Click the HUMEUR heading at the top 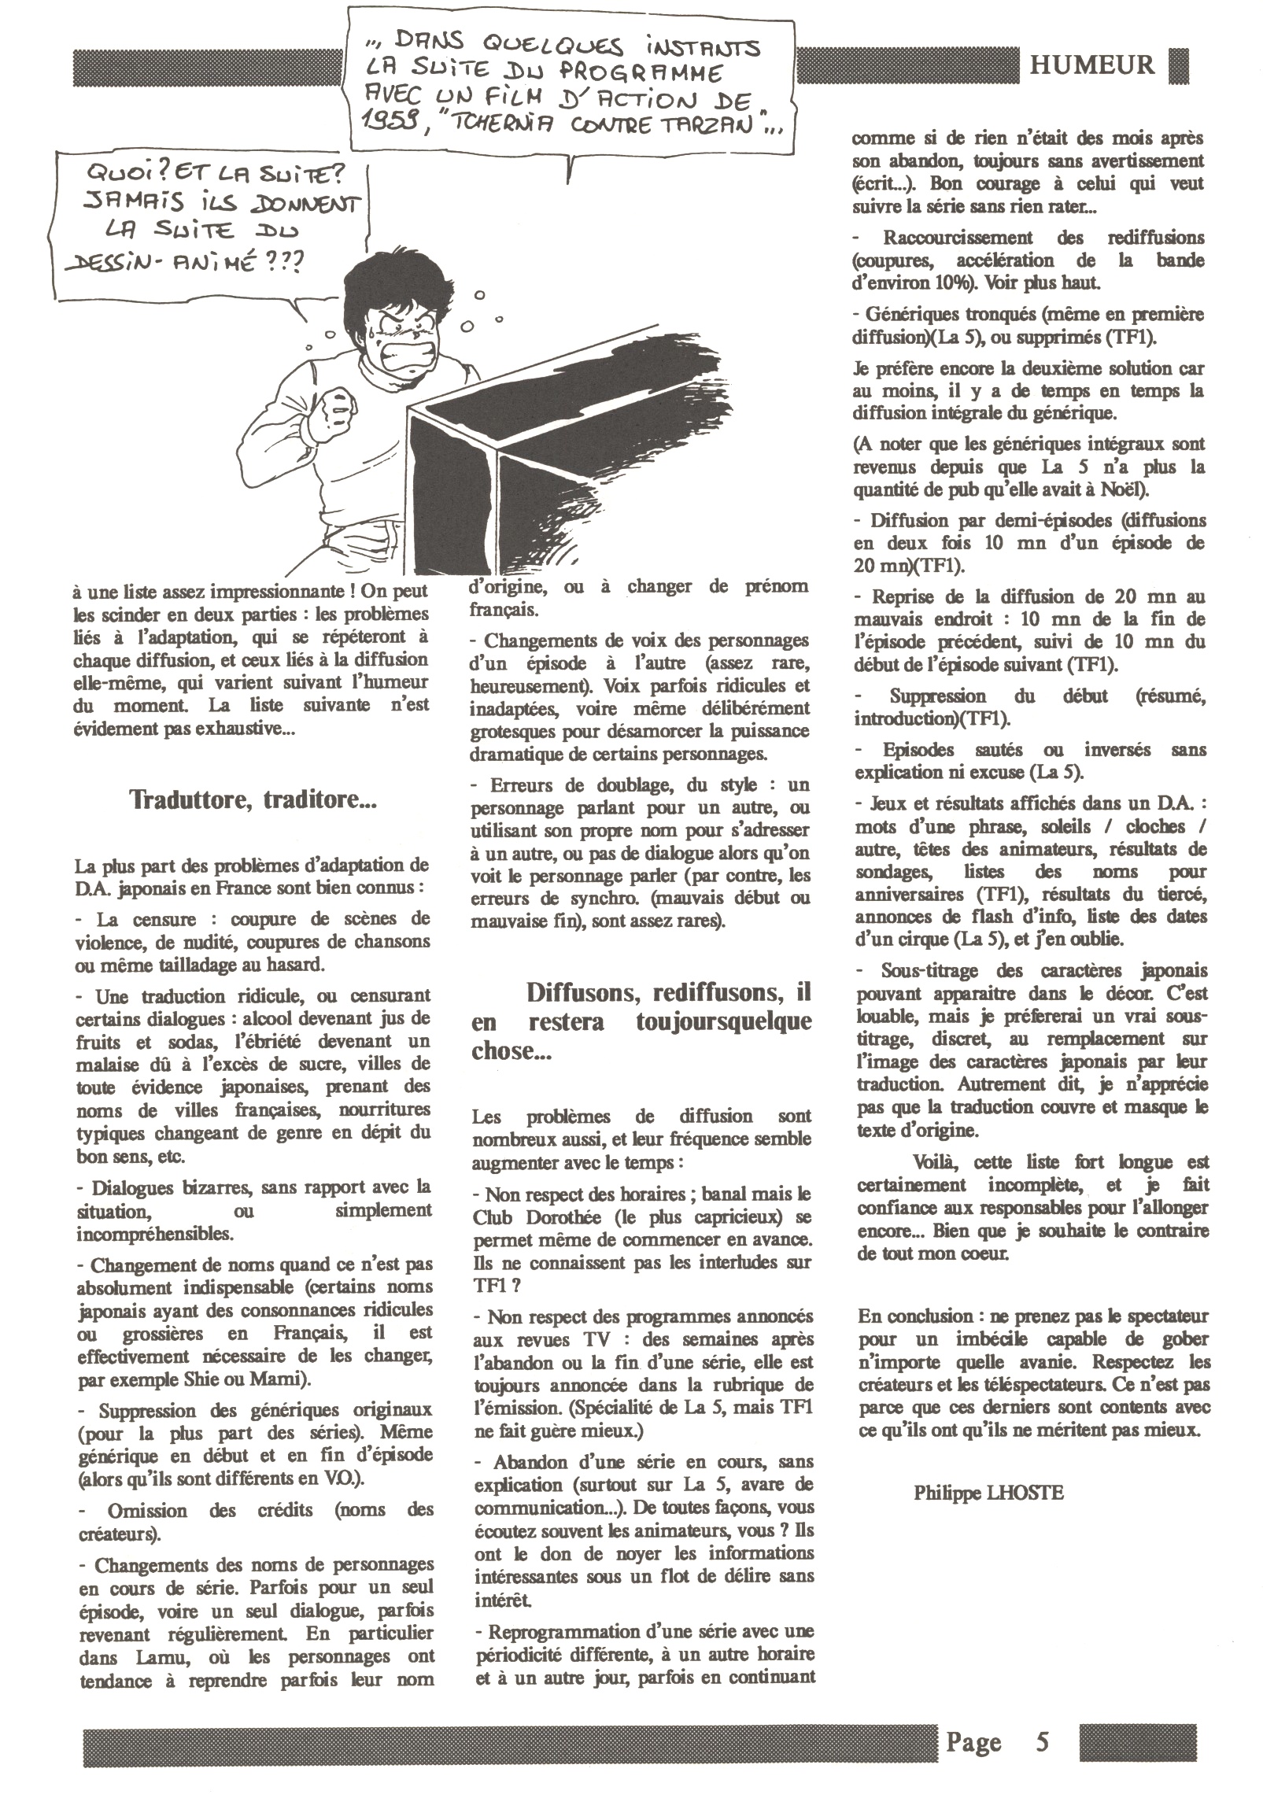click(x=1092, y=65)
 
